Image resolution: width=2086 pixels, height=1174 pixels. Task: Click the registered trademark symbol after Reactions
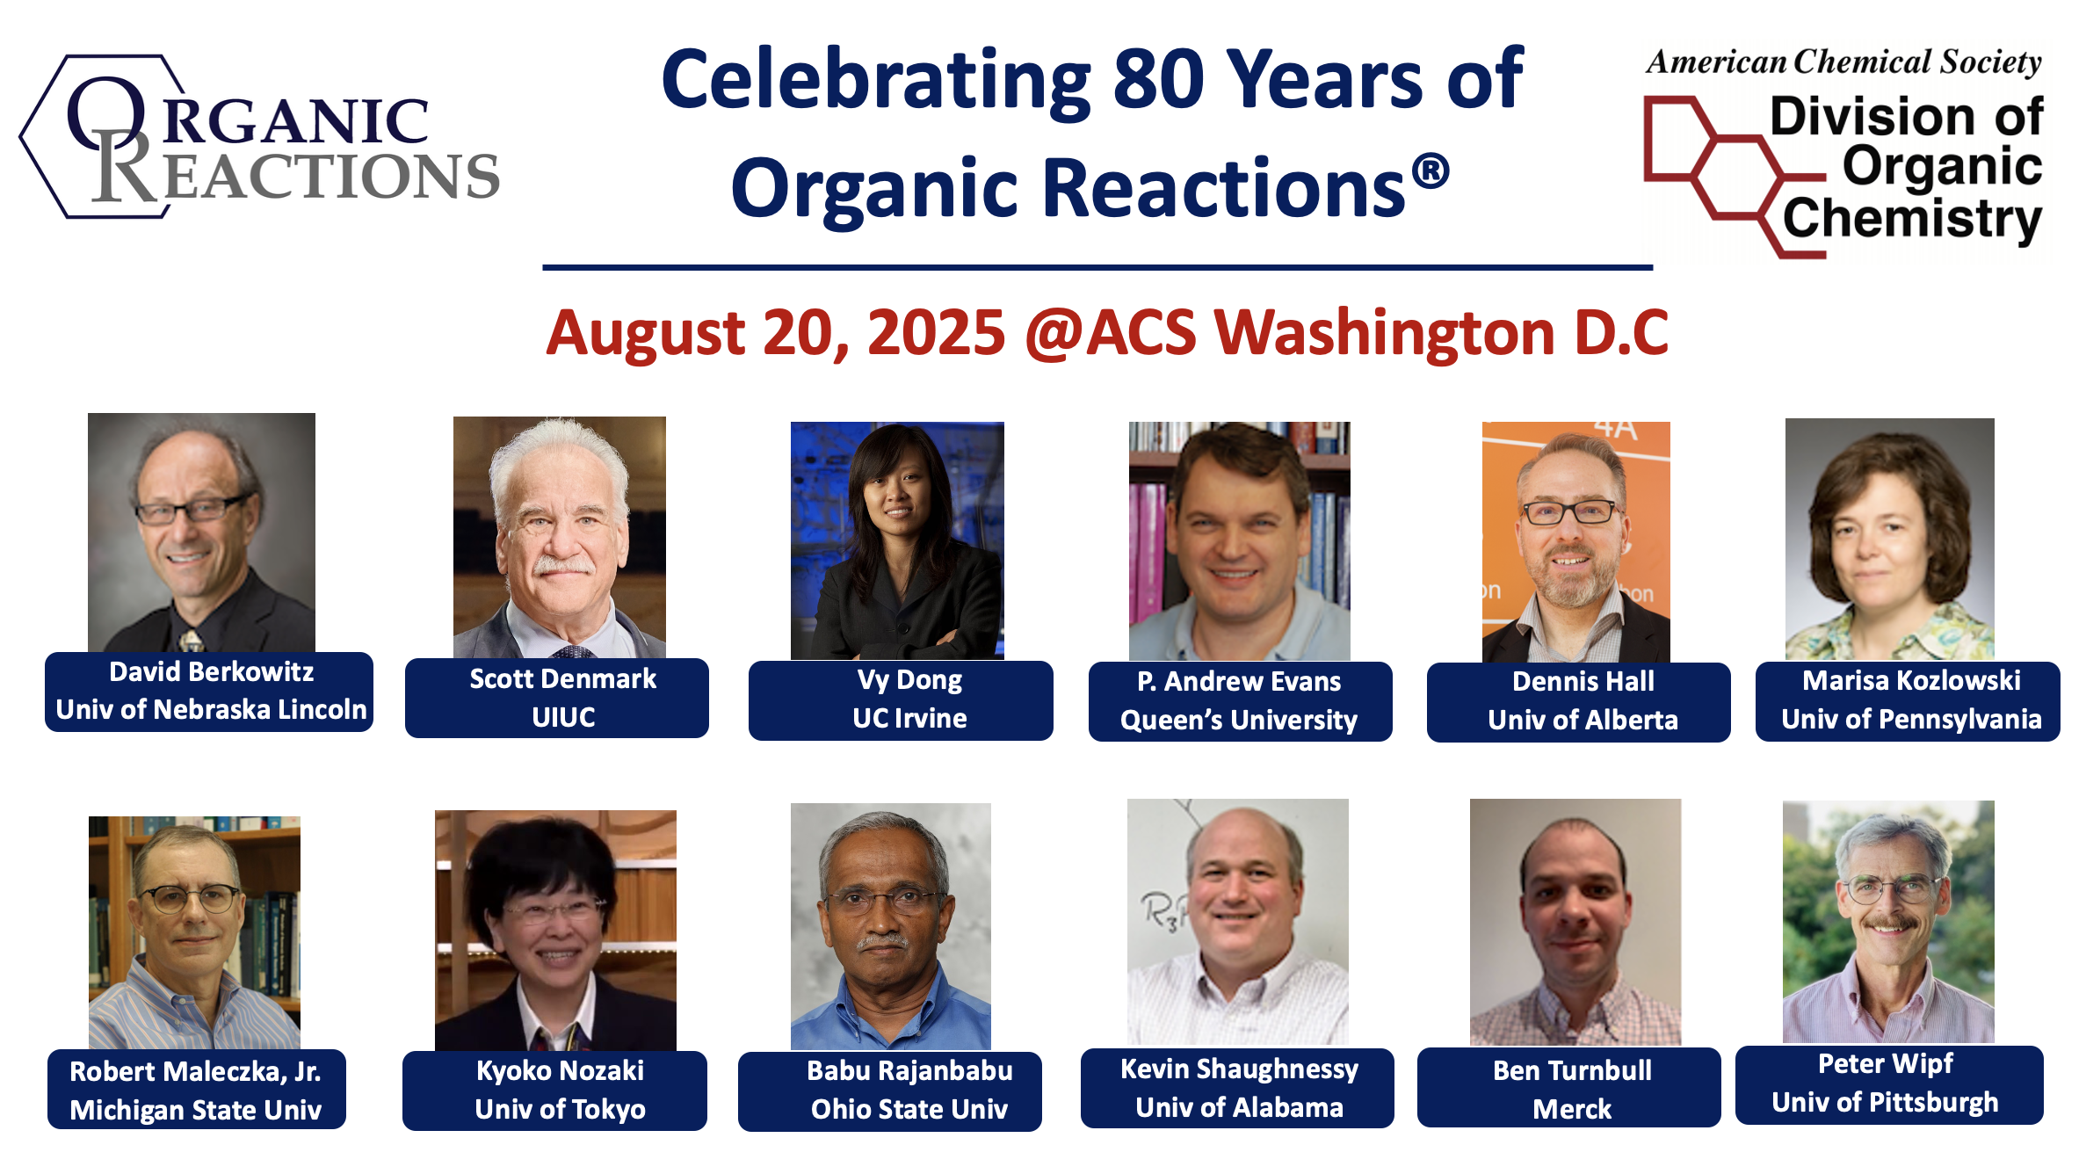coord(1431,170)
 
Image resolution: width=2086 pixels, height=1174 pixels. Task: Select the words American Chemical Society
coord(1843,62)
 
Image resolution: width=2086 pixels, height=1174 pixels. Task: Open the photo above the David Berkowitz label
coord(201,533)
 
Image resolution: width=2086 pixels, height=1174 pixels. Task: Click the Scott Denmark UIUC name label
coord(557,698)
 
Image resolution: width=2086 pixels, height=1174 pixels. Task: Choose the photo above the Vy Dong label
coord(897,540)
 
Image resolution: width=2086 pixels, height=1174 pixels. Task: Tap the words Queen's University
coord(1239,721)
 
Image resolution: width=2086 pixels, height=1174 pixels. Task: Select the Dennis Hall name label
coord(1579,701)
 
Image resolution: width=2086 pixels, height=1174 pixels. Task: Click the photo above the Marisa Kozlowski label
coord(1890,540)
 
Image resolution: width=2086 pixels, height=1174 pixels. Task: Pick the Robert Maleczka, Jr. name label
coord(197,1089)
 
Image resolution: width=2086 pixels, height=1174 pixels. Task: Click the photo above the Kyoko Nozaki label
coord(555,931)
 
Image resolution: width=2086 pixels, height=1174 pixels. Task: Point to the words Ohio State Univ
coord(909,1109)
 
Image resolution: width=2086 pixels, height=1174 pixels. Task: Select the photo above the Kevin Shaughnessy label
coord(1238,922)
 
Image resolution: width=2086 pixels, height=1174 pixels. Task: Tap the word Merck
coord(1572,1109)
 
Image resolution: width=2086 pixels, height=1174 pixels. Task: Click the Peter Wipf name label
coord(1889,1084)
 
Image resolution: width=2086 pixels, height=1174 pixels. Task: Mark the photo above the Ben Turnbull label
coord(1575,922)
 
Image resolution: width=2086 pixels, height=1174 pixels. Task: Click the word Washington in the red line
coord(1384,334)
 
